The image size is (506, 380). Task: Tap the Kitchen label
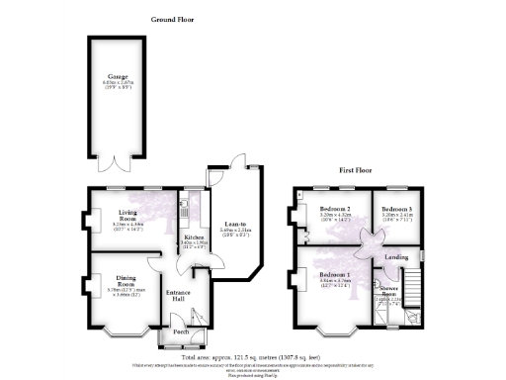191,237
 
